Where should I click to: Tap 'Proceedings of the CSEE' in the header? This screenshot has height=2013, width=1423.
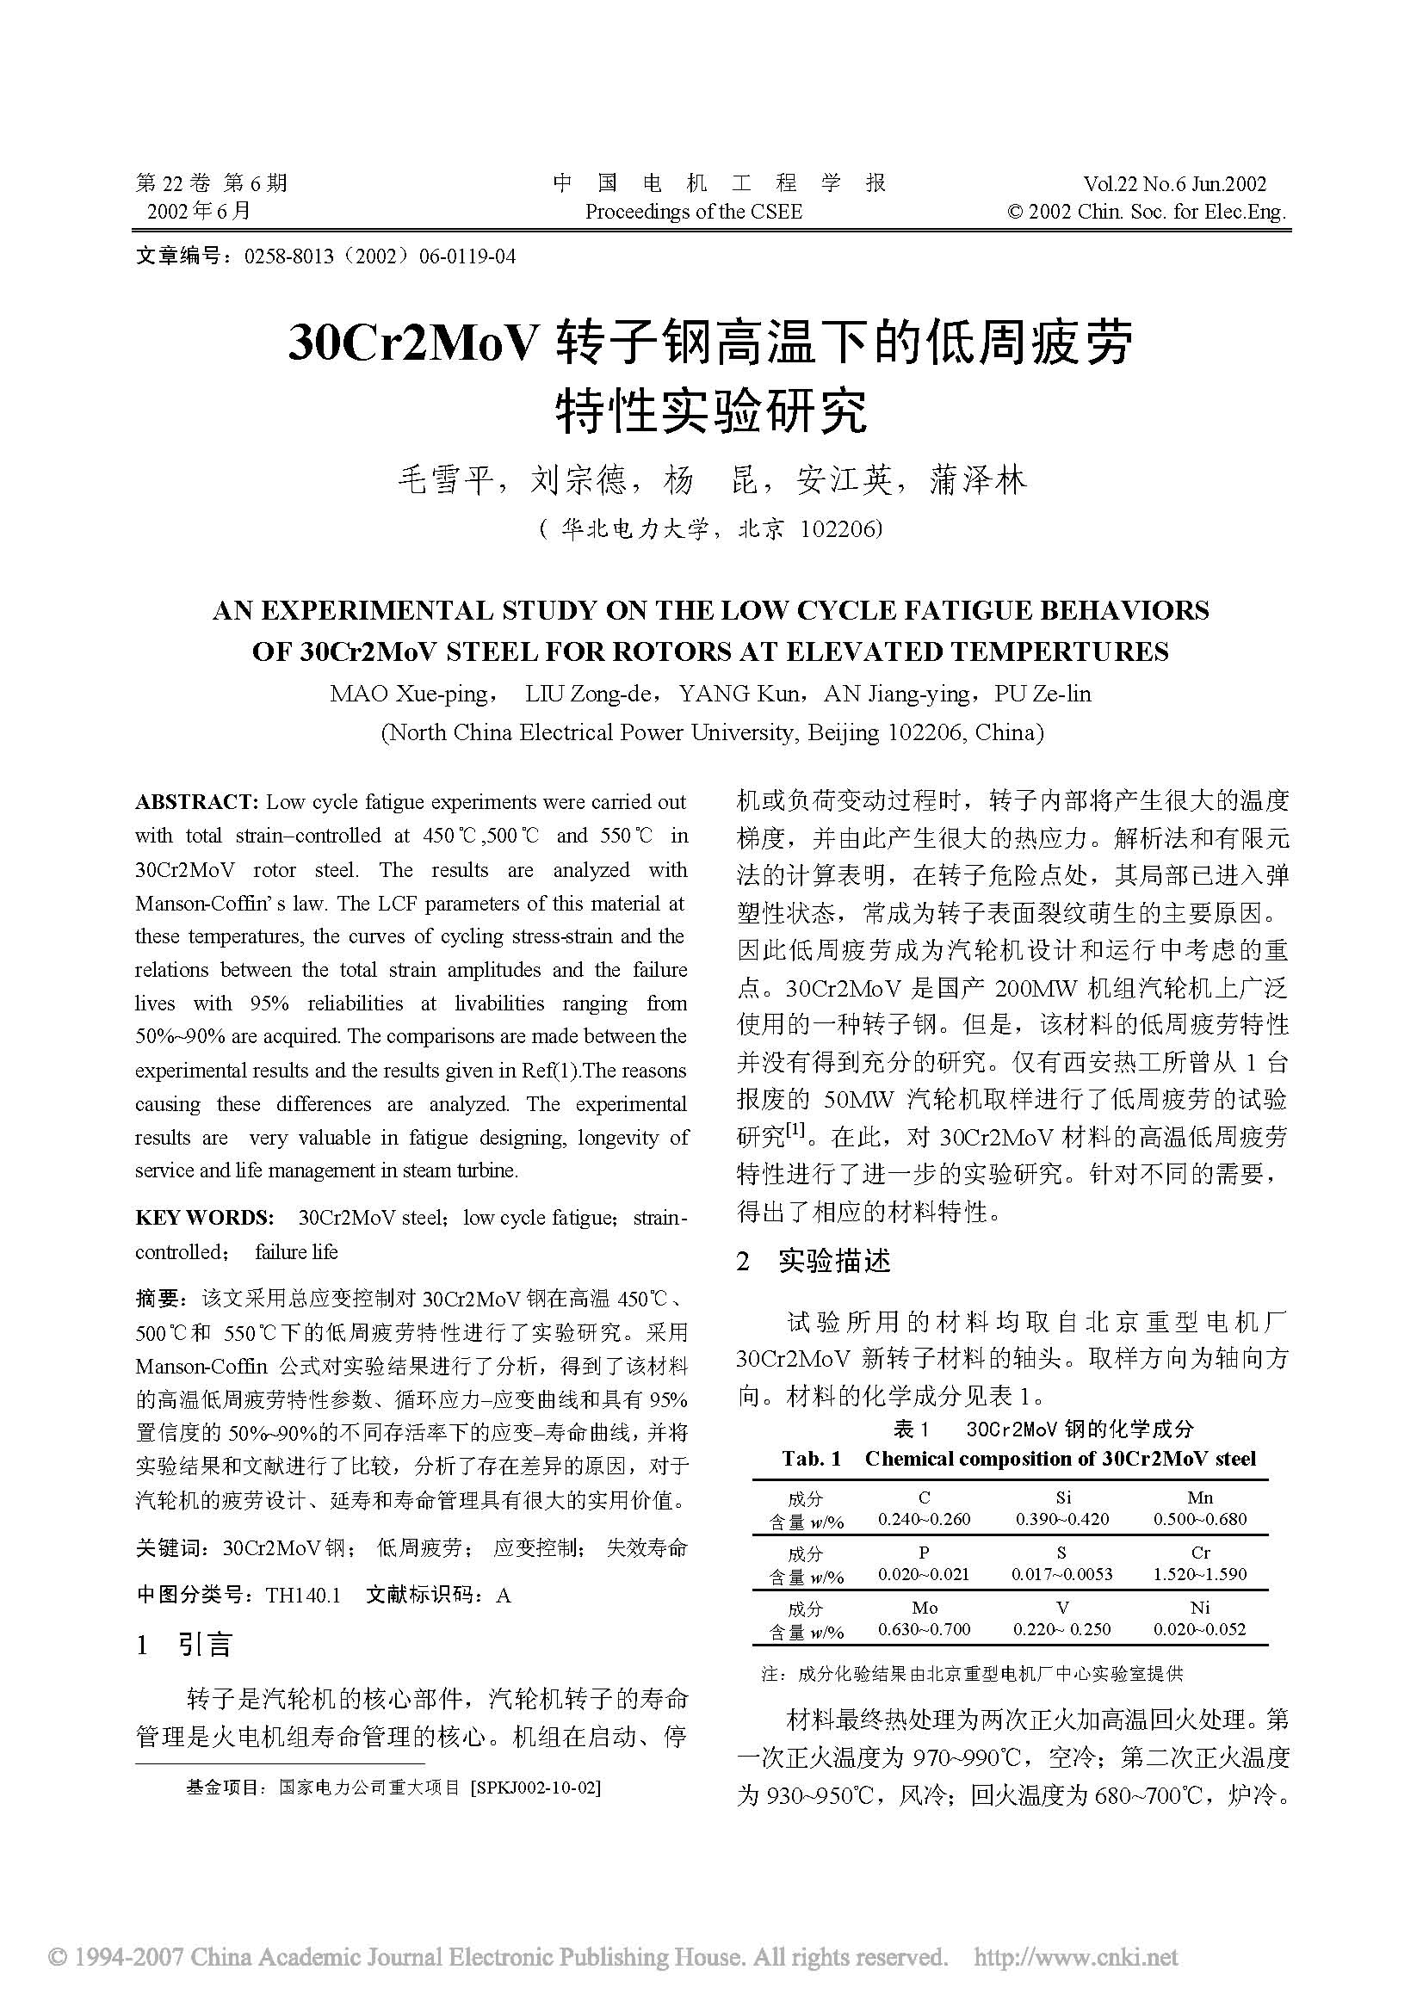pyautogui.click(x=693, y=212)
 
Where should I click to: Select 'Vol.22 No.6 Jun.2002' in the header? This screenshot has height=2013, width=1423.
pyautogui.click(x=1175, y=184)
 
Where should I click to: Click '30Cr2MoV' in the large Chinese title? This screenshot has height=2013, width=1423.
pyautogui.click(x=411, y=343)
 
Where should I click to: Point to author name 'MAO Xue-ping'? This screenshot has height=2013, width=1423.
pyautogui.click(x=410, y=695)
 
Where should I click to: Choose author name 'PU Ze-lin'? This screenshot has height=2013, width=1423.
pyautogui.click(x=1043, y=695)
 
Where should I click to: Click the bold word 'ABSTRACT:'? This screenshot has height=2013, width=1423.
pyautogui.click(x=196, y=802)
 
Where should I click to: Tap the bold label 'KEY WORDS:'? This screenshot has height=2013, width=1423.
pyautogui.click(x=204, y=1218)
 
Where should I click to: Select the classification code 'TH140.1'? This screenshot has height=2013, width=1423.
pyautogui.click(x=302, y=1595)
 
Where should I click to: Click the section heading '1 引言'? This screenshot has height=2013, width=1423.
pyautogui.click(x=185, y=1645)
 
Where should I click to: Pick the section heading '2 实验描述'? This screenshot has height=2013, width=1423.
pyautogui.click(x=813, y=1262)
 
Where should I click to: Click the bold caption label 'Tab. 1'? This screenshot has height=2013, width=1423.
pyautogui.click(x=811, y=1459)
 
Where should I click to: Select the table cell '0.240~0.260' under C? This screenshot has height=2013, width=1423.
pyautogui.click(x=924, y=1519)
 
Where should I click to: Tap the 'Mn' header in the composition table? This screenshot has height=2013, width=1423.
pyautogui.click(x=1199, y=1498)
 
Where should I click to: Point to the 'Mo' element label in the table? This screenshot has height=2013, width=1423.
pyautogui.click(x=924, y=1608)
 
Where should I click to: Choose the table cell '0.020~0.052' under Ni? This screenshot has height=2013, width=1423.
pyautogui.click(x=1199, y=1629)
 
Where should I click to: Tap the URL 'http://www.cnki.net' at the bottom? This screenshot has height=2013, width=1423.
pyautogui.click(x=1077, y=1957)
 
